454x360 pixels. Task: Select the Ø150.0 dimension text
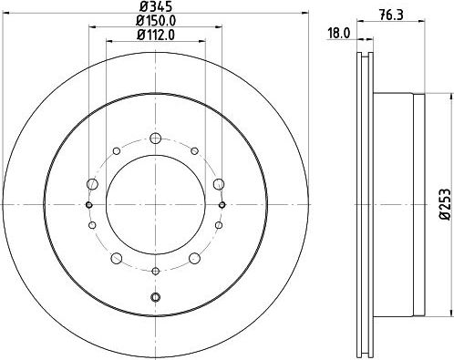pyautogui.click(x=156, y=22)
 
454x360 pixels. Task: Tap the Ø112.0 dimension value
pyautogui.click(x=156, y=37)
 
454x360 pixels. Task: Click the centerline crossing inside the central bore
pyautogui.click(x=156, y=203)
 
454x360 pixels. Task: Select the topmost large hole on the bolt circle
pyautogui.click(x=156, y=139)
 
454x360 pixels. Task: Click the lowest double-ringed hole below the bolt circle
pyautogui.click(x=156, y=298)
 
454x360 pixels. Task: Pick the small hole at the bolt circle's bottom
pyautogui.click(x=156, y=271)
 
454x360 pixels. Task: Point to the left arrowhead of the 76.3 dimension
pyautogui.click(x=364, y=39)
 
